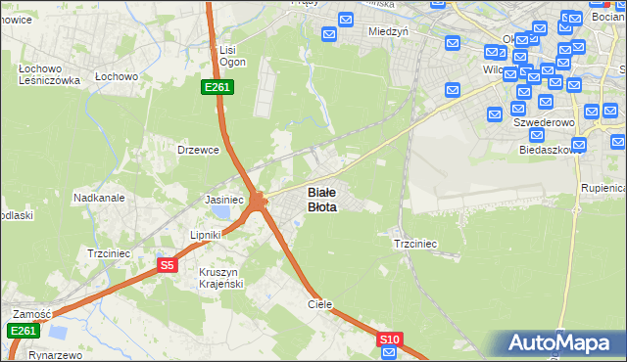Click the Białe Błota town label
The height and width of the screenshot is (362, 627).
coord(322,200)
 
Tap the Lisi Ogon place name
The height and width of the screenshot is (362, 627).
coord(232,56)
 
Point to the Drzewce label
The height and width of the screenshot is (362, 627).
coord(195,150)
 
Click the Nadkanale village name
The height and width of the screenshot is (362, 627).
coord(99,197)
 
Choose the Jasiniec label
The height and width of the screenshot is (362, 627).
coord(224,199)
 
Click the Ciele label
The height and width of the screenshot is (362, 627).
coord(320,304)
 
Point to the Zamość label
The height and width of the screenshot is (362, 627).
coord(31,314)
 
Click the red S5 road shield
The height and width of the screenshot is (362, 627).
coord(168,265)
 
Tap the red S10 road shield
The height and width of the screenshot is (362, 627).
coord(390,339)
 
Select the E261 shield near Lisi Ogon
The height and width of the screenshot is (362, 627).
coord(217,88)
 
